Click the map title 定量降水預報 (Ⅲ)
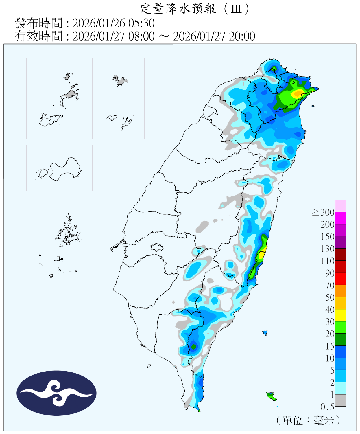coord(194,9)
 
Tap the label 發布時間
coord(38,23)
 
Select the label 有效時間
coord(38,36)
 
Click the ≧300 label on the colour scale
coord(324,212)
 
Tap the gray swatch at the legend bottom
coord(340,400)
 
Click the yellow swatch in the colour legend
coord(340,315)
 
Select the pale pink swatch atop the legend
coord(340,206)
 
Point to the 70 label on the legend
coord(330,285)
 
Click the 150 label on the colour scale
coord(327,237)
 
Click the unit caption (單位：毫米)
coord(308,420)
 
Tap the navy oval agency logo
coord(56,393)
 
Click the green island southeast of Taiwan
coord(271,396)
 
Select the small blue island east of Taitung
coord(265,333)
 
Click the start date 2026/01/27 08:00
coord(114,36)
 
